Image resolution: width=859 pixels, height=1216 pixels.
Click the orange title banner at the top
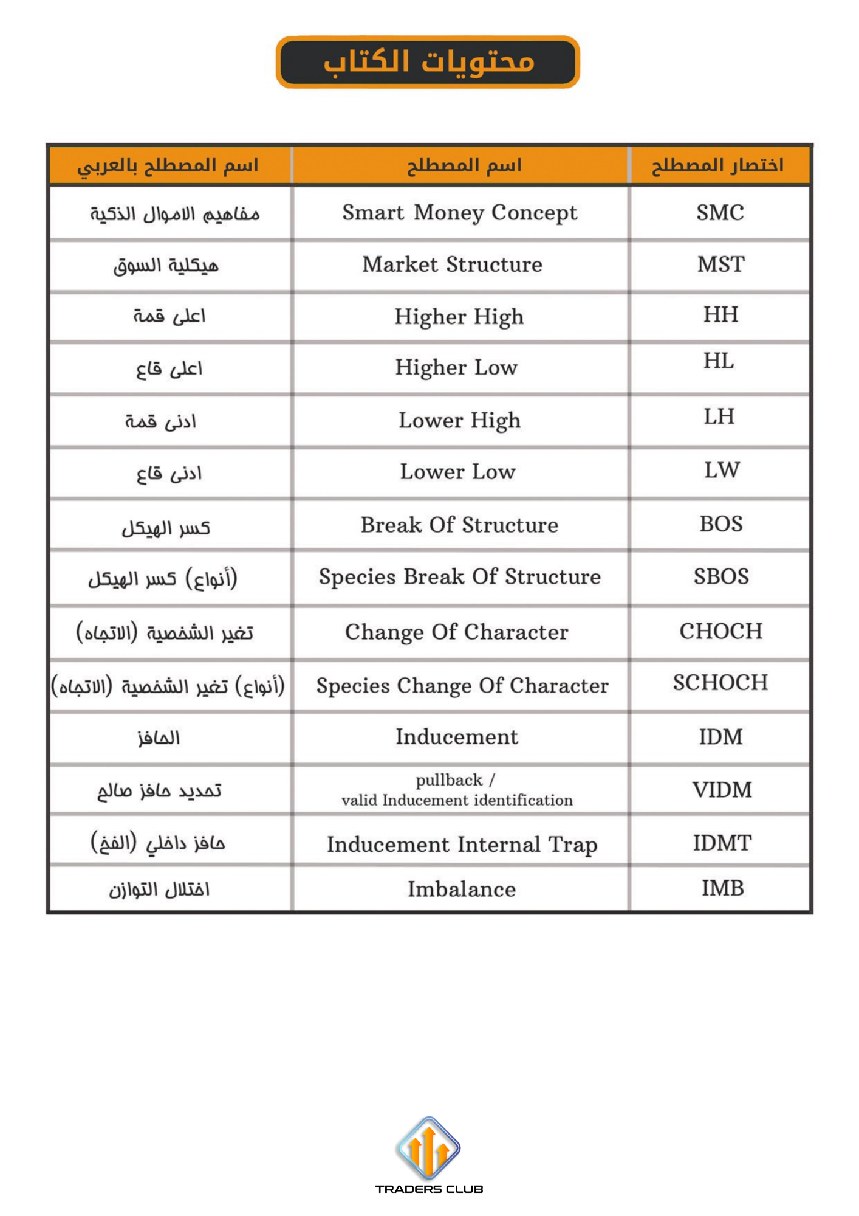pyautogui.click(x=428, y=62)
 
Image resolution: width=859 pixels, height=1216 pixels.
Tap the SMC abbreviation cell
pyautogui.click(x=720, y=213)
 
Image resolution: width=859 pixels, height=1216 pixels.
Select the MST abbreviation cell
pyautogui.click(x=720, y=264)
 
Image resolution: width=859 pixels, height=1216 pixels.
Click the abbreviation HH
pyautogui.click(x=720, y=315)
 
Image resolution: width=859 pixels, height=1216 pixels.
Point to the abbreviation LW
pyautogui.click(x=722, y=470)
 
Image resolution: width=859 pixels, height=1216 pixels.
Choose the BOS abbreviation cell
pyautogui.click(x=721, y=524)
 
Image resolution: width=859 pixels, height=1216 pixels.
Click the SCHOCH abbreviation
pyautogui.click(x=720, y=683)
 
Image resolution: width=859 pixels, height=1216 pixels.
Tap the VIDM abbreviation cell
pyautogui.click(x=722, y=790)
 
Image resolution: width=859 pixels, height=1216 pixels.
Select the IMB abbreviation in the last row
pyautogui.click(x=722, y=888)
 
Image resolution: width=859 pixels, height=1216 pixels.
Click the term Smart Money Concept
pyautogui.click(x=459, y=213)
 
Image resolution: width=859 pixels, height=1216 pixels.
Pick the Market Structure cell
pyautogui.click(x=452, y=264)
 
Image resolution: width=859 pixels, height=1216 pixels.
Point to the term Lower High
pyautogui.click(x=459, y=421)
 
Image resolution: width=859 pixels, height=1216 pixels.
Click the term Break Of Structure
pyautogui.click(x=459, y=525)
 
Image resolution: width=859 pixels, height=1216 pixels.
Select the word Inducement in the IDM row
pyautogui.click(x=457, y=737)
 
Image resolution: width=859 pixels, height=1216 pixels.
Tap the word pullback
pyautogui.click(x=449, y=780)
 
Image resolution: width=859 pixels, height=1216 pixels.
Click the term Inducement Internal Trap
pyautogui.click(x=462, y=845)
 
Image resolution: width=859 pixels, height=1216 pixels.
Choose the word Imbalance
pyautogui.click(x=461, y=890)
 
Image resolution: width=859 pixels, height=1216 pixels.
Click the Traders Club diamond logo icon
pyautogui.click(x=428, y=1148)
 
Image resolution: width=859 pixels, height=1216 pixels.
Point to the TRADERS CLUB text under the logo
pyautogui.click(x=429, y=1189)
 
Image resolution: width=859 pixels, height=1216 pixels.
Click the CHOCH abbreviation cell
pyautogui.click(x=720, y=632)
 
